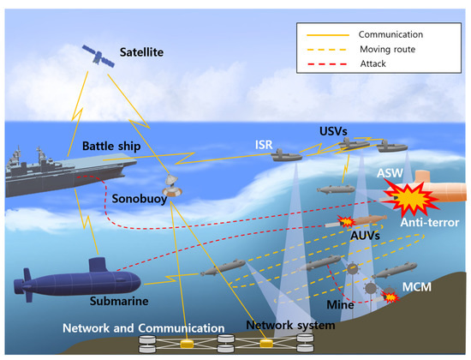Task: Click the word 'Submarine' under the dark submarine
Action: click(x=122, y=301)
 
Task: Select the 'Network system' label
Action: click(x=277, y=325)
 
